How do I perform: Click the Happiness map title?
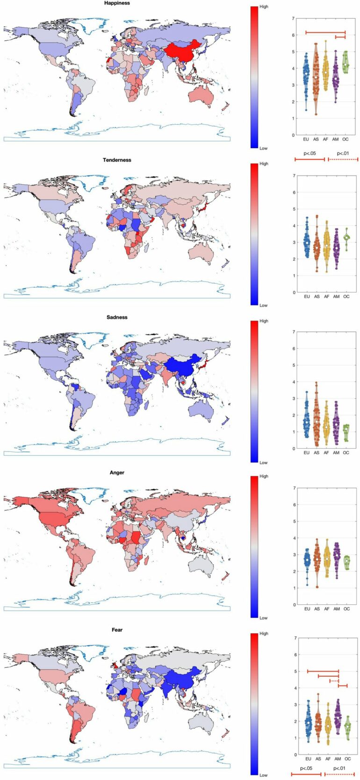[x=117, y=3]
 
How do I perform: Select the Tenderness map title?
[x=117, y=160]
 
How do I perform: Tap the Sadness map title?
[x=117, y=317]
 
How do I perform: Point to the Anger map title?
[x=117, y=472]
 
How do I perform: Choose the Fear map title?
[x=117, y=630]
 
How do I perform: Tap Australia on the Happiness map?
[x=202, y=96]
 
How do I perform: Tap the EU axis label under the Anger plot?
[x=307, y=609]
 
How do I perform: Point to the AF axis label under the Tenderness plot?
[x=326, y=297]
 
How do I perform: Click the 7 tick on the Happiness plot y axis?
[x=293, y=19]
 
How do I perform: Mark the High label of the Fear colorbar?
[x=264, y=633]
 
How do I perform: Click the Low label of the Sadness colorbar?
[x=264, y=462]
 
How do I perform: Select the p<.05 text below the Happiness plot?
[x=310, y=153]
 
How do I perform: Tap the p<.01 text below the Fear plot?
[x=339, y=768]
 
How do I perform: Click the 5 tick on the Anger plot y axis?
[x=294, y=522]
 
